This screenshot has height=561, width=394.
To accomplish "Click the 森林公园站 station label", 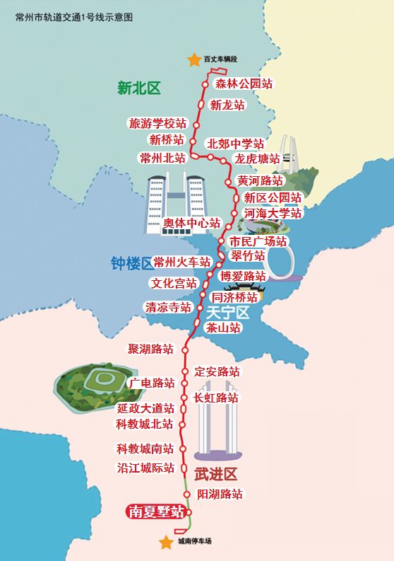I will (x=244, y=83).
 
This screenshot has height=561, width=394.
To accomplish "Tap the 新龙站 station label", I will (x=227, y=105).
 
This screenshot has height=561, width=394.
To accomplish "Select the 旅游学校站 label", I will (x=157, y=123).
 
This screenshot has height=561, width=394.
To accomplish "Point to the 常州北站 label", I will (x=162, y=157).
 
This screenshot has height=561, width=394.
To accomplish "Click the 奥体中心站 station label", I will (x=192, y=224).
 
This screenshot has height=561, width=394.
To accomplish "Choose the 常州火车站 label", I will (x=182, y=262).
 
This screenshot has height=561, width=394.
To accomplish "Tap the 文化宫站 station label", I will (x=174, y=284).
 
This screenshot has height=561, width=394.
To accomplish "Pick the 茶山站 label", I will (x=223, y=328).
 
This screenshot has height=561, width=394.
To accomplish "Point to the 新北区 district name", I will (x=139, y=88).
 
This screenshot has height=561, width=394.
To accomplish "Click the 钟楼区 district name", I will (x=131, y=264).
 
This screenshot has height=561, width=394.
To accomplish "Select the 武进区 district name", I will (x=213, y=473).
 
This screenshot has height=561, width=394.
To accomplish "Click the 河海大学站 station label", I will (x=273, y=212).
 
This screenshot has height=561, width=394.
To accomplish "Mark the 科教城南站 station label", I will (x=145, y=449).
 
